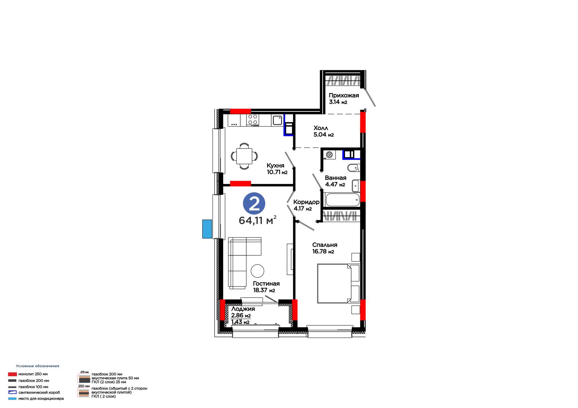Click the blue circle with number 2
pyautogui.click(x=254, y=203)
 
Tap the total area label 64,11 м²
pyautogui.click(x=257, y=220)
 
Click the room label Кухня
pyautogui.click(x=275, y=166)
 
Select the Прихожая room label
pyautogui.click(x=344, y=95)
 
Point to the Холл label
pyautogui.click(x=321, y=128)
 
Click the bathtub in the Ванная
pyautogui.click(x=342, y=199)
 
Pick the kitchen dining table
pyautogui.click(x=244, y=156)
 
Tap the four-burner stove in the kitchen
pyautogui.click(x=253, y=120)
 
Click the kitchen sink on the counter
pyautogui.click(x=277, y=120)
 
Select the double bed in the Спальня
pyautogui.click(x=338, y=283)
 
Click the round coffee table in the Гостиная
pyautogui.click(x=257, y=271)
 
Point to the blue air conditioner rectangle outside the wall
pyautogui.click(x=207, y=229)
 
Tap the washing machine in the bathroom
pyautogui.click(x=329, y=155)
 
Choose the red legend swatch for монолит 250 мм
pyautogui.click(x=12, y=374)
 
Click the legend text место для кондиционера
pyautogui.click(x=41, y=399)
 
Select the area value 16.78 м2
pyautogui.click(x=323, y=251)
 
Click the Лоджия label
pyautogui.click(x=243, y=309)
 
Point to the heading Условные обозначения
pyautogui.click(x=38, y=366)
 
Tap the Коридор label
pyautogui.click(x=306, y=202)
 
